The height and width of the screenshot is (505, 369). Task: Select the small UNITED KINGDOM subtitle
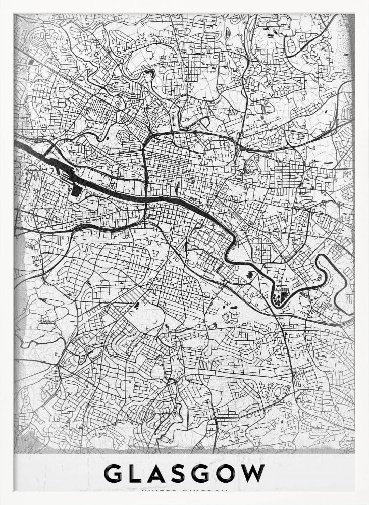tap(184, 490)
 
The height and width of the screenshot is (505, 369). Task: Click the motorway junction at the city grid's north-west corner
tap(150, 136)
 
